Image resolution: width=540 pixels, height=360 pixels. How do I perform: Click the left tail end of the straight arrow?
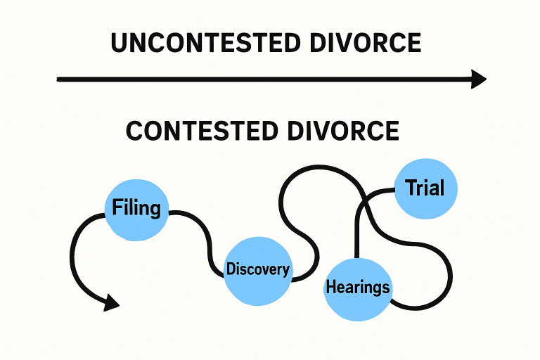[x=59, y=79]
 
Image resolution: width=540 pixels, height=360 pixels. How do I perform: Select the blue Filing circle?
[x=136, y=208]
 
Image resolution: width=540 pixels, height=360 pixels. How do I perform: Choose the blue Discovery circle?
[x=257, y=270]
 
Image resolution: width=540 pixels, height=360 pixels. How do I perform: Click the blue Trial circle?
[x=425, y=188]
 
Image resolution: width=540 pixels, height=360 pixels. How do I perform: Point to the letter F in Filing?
[x=117, y=208]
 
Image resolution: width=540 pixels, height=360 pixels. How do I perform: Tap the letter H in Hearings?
[x=331, y=287]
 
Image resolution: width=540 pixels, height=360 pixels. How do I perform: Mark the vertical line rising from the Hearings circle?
[x=357, y=232]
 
